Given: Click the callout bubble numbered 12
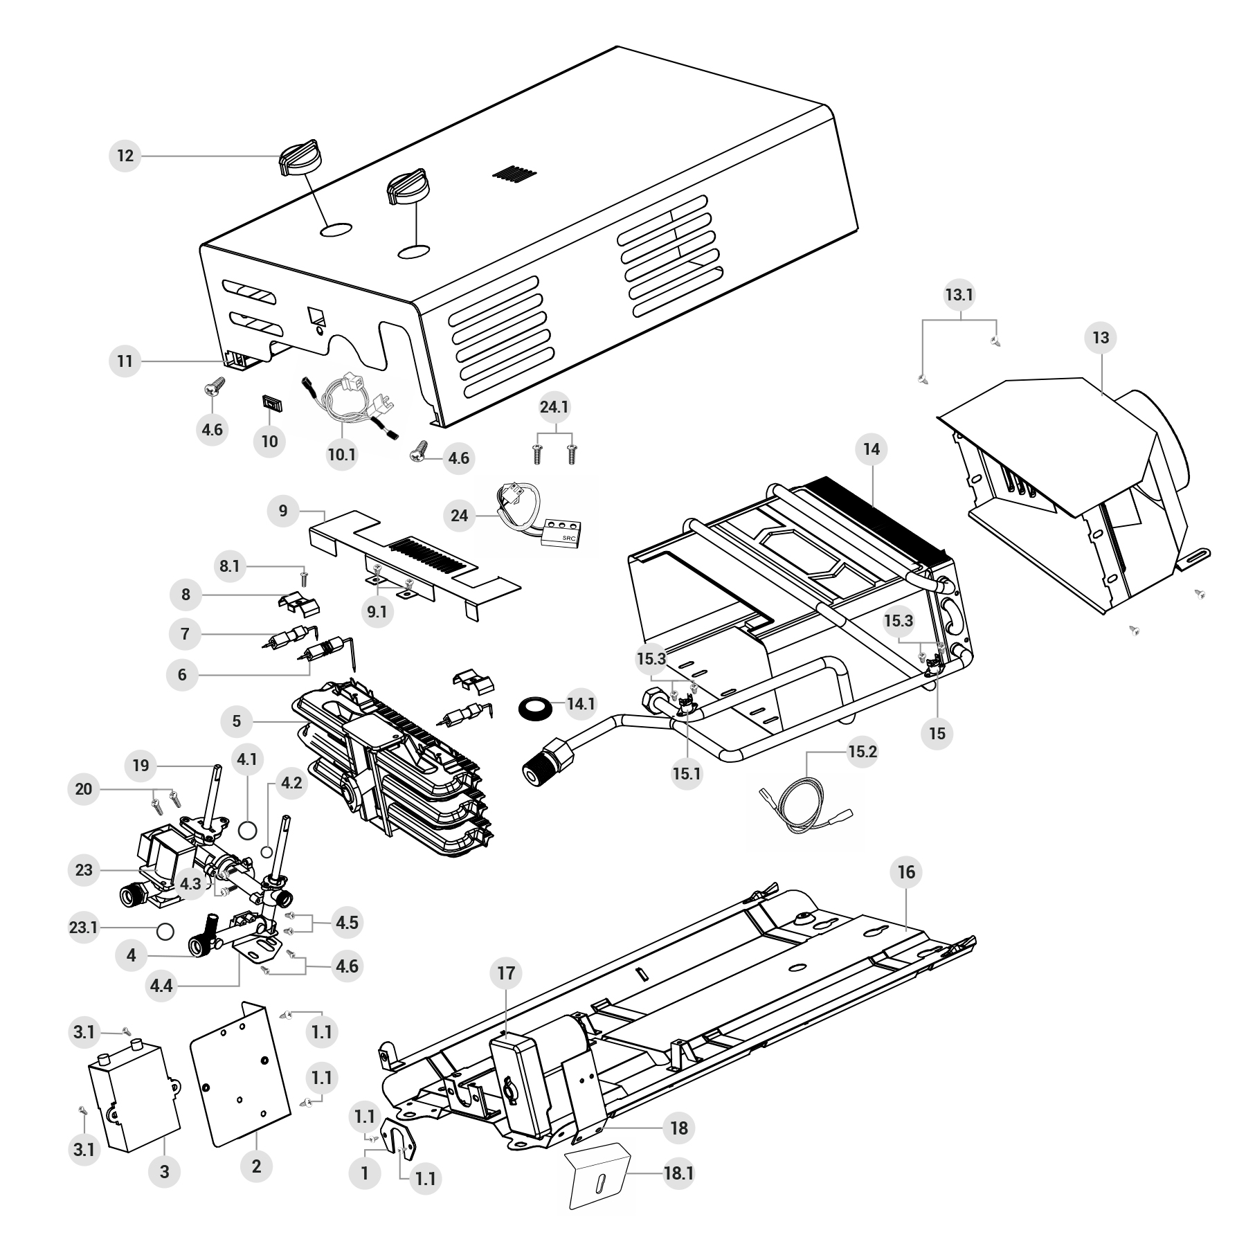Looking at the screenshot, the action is point(125,156).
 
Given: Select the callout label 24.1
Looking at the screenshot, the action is point(554,407).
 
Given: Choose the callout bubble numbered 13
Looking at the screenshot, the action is point(1101,338).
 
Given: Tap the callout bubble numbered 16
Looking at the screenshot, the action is point(907,872).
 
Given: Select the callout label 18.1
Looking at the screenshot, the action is point(678,1173).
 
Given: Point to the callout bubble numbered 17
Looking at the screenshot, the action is point(507,973).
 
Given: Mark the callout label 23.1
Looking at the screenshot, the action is point(84,927).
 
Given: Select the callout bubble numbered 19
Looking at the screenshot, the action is point(141,766).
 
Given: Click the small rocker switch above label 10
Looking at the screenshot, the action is point(271,402).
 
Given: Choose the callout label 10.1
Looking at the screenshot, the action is point(342,454).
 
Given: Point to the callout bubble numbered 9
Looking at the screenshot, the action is point(283,511).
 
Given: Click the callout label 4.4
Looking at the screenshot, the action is point(161,985).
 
